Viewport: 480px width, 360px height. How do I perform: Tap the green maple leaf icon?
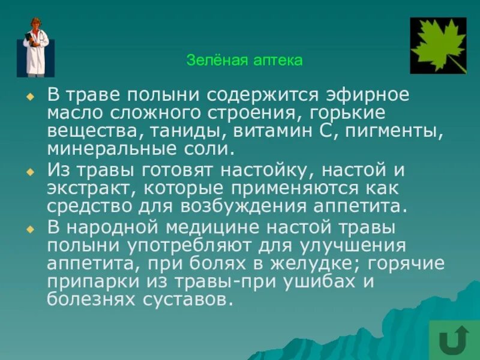pyautogui.click(x=437, y=45)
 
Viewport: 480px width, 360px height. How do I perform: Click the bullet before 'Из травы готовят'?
pyautogui.click(x=30, y=171)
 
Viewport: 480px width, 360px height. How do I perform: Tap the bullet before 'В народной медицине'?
pyautogui.click(x=30, y=230)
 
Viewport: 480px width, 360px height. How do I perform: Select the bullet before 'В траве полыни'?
pyautogui.click(x=30, y=96)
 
